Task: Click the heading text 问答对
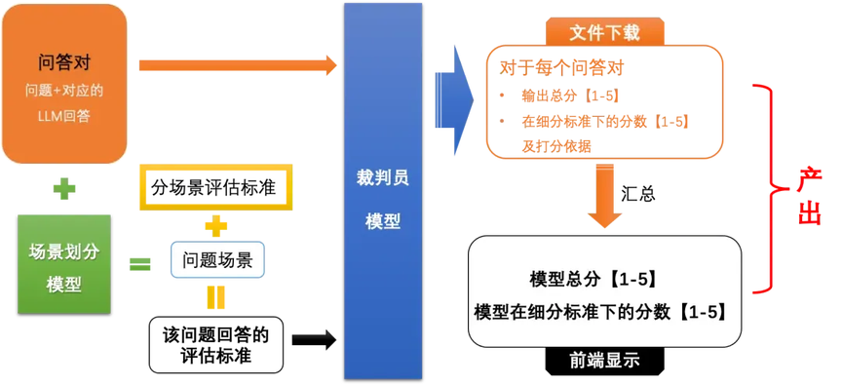coord(64,65)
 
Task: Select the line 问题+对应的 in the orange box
coord(64,95)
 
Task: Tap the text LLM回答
coord(64,117)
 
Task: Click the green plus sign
coord(64,187)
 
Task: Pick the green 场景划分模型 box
coord(64,264)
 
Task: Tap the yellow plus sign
coord(215,227)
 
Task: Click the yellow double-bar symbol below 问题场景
coord(215,296)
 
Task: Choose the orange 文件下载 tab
coord(605,32)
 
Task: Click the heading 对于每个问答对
coord(561,68)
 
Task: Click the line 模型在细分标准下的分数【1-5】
coord(601,312)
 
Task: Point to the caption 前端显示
coord(605,361)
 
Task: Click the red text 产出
coord(808,196)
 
